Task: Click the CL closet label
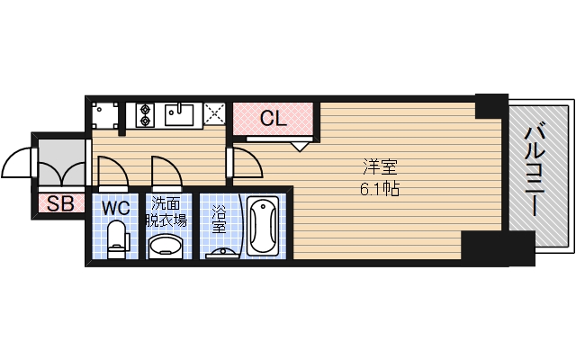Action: (273, 118)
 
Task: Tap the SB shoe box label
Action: (59, 203)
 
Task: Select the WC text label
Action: (116, 208)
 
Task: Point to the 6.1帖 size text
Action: (380, 190)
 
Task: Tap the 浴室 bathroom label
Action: (219, 220)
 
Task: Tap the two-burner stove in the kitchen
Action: (147, 115)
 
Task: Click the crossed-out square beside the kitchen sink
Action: (214, 114)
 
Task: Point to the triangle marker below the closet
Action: (301, 144)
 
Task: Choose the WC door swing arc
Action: (110, 169)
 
